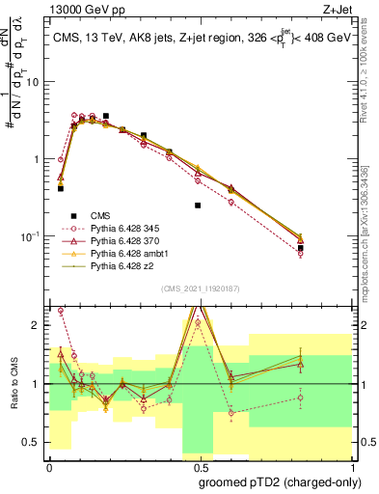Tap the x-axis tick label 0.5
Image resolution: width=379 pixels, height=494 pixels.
click(x=197, y=467)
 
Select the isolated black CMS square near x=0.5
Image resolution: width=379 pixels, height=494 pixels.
click(x=198, y=206)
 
